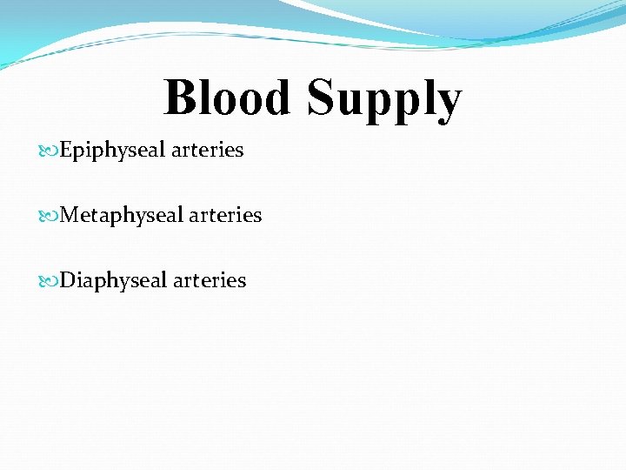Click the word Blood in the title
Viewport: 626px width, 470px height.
[227, 97]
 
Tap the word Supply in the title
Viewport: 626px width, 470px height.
[383, 98]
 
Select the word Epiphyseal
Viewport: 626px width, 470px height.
[112, 151]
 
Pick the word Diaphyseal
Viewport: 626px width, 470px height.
[113, 281]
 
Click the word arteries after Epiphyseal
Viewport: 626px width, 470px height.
[207, 151]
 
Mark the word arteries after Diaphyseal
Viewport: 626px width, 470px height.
[210, 281]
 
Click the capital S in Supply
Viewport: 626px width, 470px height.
[321, 97]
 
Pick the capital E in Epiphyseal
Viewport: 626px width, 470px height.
[66, 150]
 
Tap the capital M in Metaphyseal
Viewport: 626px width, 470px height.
[70, 215]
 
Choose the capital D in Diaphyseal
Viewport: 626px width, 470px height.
[68, 280]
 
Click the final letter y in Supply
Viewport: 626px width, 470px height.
[447, 103]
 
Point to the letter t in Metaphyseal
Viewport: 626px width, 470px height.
[93, 215]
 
